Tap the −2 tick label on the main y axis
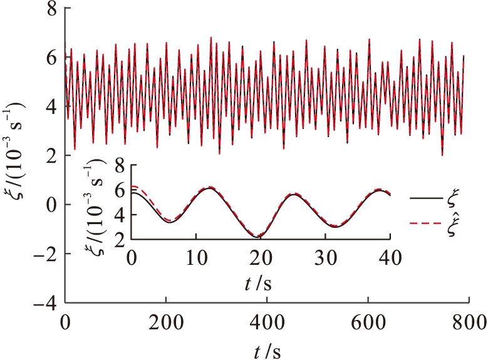[45, 255]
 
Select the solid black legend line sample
[426, 199]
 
